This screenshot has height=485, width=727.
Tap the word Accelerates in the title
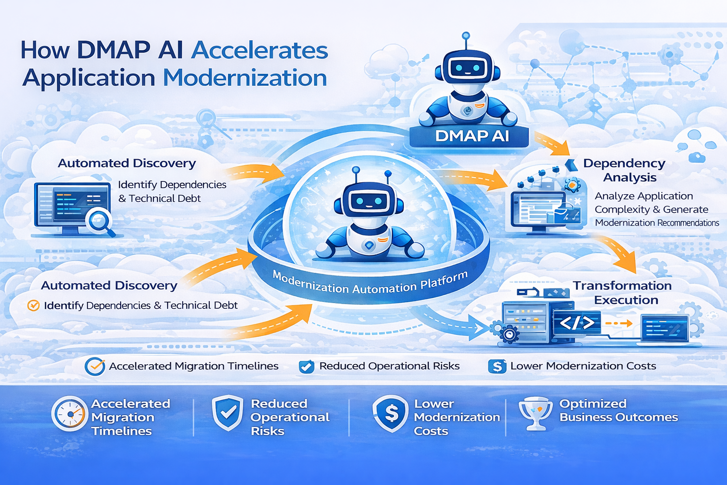[259, 50]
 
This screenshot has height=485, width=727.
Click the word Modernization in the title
[245, 78]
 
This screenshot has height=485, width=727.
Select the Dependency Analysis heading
[625, 170]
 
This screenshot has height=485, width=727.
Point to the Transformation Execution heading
[623, 293]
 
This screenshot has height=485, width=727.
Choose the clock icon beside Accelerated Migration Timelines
[70, 413]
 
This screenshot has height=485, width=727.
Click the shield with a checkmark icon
[228, 413]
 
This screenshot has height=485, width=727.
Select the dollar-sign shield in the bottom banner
[390, 413]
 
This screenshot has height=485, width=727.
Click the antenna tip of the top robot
[466, 36]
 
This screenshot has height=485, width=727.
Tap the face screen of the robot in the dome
[369, 201]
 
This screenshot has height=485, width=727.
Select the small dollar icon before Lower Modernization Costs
[497, 366]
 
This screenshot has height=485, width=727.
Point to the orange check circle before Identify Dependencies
[34, 305]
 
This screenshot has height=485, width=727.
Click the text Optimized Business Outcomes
[619, 411]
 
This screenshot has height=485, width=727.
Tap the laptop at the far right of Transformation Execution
[665, 328]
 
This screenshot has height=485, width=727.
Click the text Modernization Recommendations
[657, 223]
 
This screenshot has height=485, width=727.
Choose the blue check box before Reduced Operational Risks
[306, 367]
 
